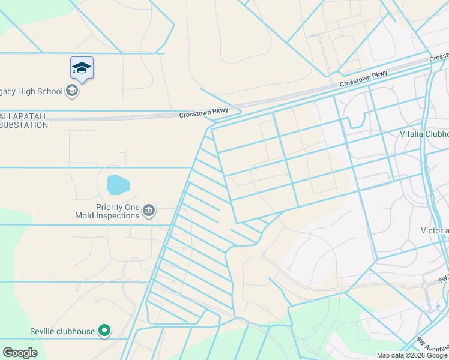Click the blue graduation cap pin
pos(82,68)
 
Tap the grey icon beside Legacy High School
pos(73,91)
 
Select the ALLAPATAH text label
pos(22,116)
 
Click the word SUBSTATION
pos(24,125)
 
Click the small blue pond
pos(118,184)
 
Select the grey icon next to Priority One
pos(149,211)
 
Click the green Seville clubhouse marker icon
pos(104,331)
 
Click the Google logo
pos(20,353)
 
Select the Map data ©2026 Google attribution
pos(412,355)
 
